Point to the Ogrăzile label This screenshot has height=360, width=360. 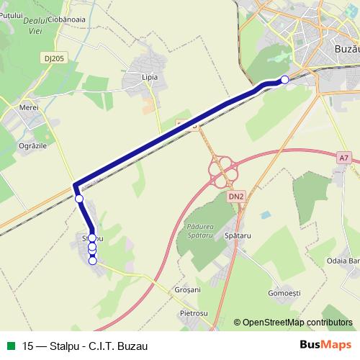tap(31, 145)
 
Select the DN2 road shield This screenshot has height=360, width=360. tap(236, 195)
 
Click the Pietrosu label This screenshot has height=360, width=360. tap(194, 314)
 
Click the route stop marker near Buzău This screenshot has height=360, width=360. tap(284, 79)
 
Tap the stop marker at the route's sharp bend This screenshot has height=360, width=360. tap(79, 199)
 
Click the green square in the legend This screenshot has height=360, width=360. tap(10, 345)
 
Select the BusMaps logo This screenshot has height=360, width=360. tap(326, 344)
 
